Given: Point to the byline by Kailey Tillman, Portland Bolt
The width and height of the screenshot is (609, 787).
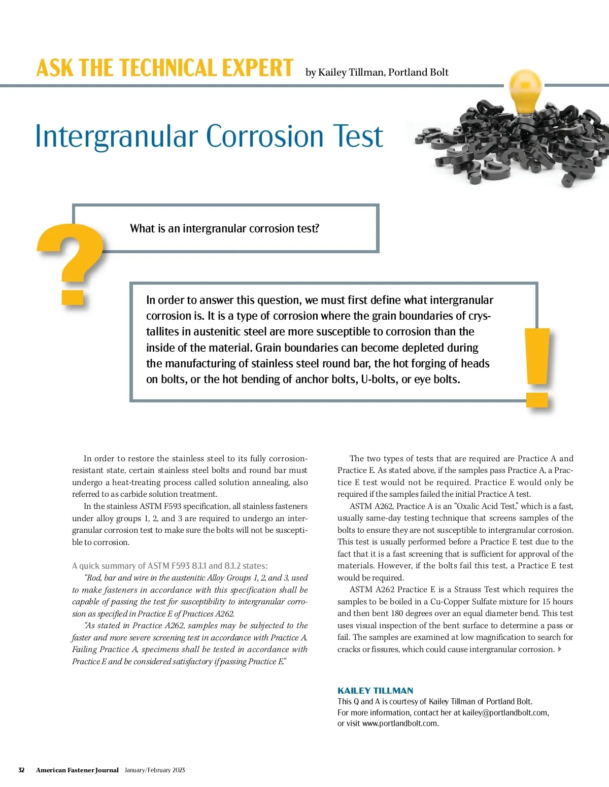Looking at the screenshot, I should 377,73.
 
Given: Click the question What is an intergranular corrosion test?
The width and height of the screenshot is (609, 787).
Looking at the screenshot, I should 224,229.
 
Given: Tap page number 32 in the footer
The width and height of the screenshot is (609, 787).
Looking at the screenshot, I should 21,770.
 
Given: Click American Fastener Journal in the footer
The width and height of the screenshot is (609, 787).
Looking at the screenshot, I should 77,770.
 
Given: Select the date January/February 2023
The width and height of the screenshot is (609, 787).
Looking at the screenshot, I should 155,770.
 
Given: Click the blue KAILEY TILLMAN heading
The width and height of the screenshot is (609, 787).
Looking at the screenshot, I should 375,691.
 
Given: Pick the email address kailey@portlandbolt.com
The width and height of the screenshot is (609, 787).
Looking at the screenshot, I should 505,712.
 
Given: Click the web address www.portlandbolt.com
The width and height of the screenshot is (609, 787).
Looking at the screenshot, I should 399,724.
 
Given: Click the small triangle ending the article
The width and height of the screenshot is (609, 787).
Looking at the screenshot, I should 560,649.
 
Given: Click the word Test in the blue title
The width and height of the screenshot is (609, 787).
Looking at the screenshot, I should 358,136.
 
